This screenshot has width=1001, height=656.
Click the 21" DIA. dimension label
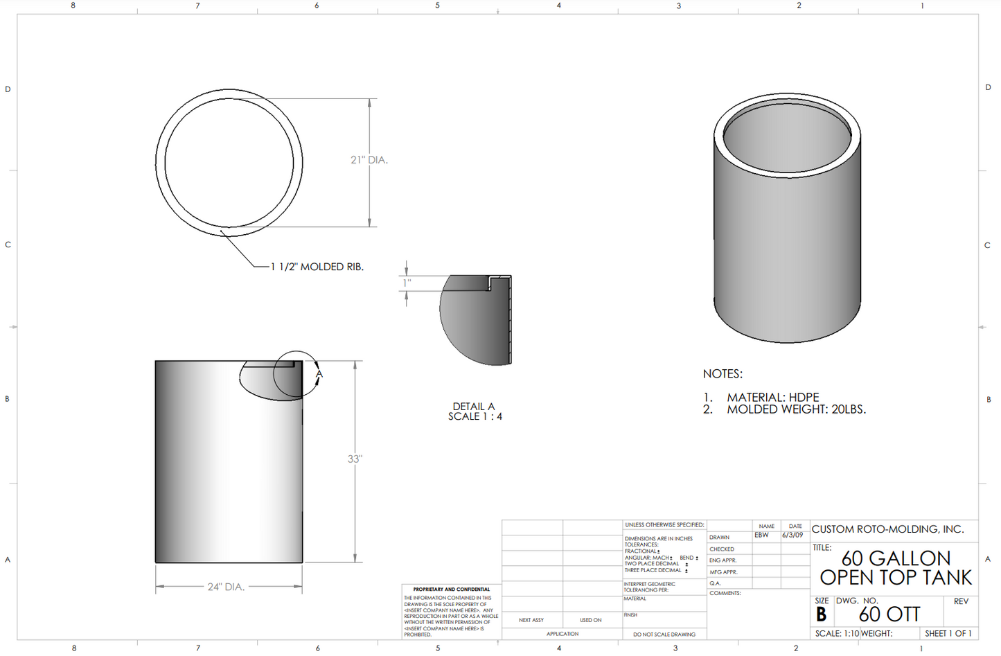[369, 160]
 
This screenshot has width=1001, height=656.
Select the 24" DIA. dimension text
[226, 587]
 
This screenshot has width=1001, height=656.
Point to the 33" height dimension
[355, 459]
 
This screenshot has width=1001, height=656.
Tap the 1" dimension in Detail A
[407, 283]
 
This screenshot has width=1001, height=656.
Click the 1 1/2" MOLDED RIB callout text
[317, 267]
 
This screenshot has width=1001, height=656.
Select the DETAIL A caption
[474, 407]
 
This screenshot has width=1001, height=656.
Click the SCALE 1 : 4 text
[475, 416]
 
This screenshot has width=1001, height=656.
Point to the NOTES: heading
[723, 374]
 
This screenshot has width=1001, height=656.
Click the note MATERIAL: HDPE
[772, 397]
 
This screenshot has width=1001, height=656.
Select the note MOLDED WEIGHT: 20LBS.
[796, 409]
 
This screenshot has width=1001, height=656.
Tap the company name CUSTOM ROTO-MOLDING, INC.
[887, 529]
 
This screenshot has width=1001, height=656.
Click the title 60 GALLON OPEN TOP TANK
[896, 568]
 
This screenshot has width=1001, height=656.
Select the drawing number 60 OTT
[889, 614]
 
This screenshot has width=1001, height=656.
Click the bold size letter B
[822, 615]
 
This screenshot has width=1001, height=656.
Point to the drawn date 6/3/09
[792, 535]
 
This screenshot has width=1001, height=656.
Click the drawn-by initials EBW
[761, 535]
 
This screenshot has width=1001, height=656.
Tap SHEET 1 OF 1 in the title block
[948, 634]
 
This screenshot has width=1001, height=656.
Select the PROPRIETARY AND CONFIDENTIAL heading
[451, 589]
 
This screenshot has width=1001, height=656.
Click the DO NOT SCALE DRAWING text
[664, 635]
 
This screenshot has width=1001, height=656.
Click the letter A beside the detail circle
[319, 374]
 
